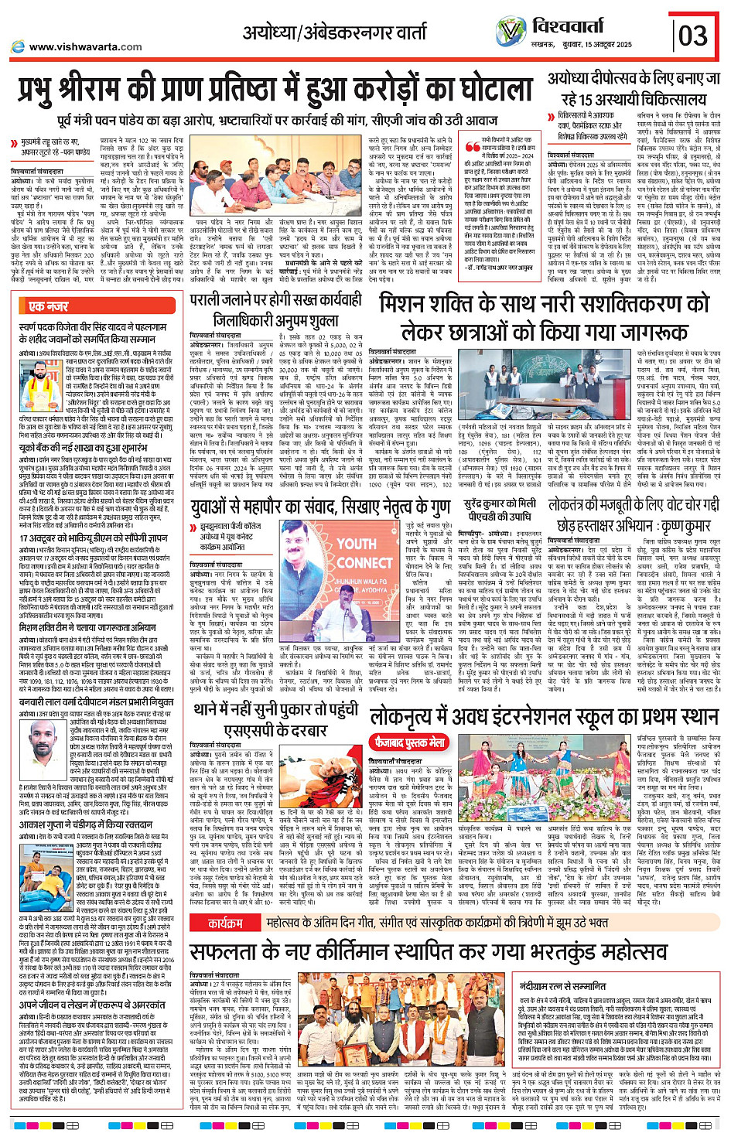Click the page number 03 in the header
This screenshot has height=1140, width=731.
693,36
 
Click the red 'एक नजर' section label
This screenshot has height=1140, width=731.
47,306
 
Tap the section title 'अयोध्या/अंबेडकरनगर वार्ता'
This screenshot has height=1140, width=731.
334,33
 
